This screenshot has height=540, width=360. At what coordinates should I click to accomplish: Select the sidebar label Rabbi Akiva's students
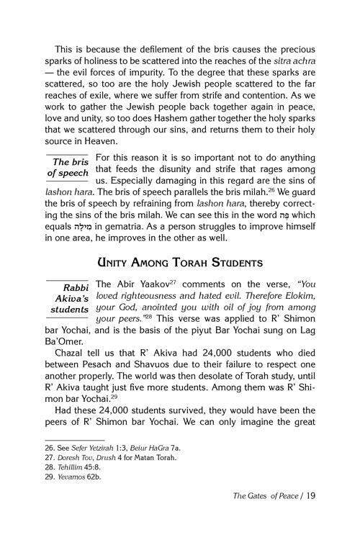[x=68, y=297]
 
